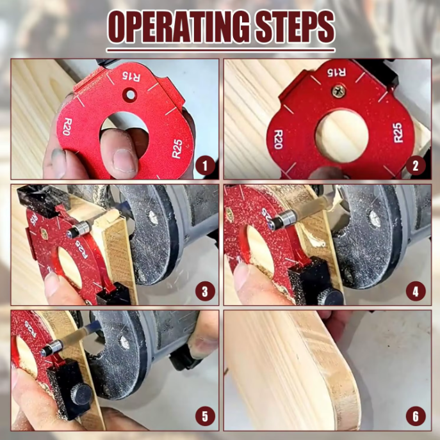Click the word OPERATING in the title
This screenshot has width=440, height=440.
[x=179, y=28]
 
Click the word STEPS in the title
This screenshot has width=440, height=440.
[x=295, y=28]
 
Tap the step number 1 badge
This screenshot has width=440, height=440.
[x=205, y=166]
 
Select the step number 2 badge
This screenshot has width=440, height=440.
[x=416, y=166]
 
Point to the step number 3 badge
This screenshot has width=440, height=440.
[x=205, y=291]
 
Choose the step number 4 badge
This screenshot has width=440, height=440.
[x=416, y=291]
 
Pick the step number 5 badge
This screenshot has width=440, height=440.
[x=205, y=416]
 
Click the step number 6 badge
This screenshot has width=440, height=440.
[x=416, y=416]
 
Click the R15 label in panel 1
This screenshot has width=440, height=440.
[x=131, y=76]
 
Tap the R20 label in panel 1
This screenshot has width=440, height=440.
[x=67, y=127]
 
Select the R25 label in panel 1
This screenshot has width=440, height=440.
[x=177, y=149]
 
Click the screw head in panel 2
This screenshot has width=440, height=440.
[x=338, y=91]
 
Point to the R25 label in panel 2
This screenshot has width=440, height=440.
[x=398, y=132]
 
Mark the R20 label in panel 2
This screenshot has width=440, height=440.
[x=278, y=139]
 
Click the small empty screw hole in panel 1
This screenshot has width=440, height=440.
[x=131, y=95]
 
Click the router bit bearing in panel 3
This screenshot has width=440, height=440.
[x=79, y=229]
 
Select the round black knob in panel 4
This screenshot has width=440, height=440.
[x=332, y=297]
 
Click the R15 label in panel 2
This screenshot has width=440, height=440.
[x=337, y=72]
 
